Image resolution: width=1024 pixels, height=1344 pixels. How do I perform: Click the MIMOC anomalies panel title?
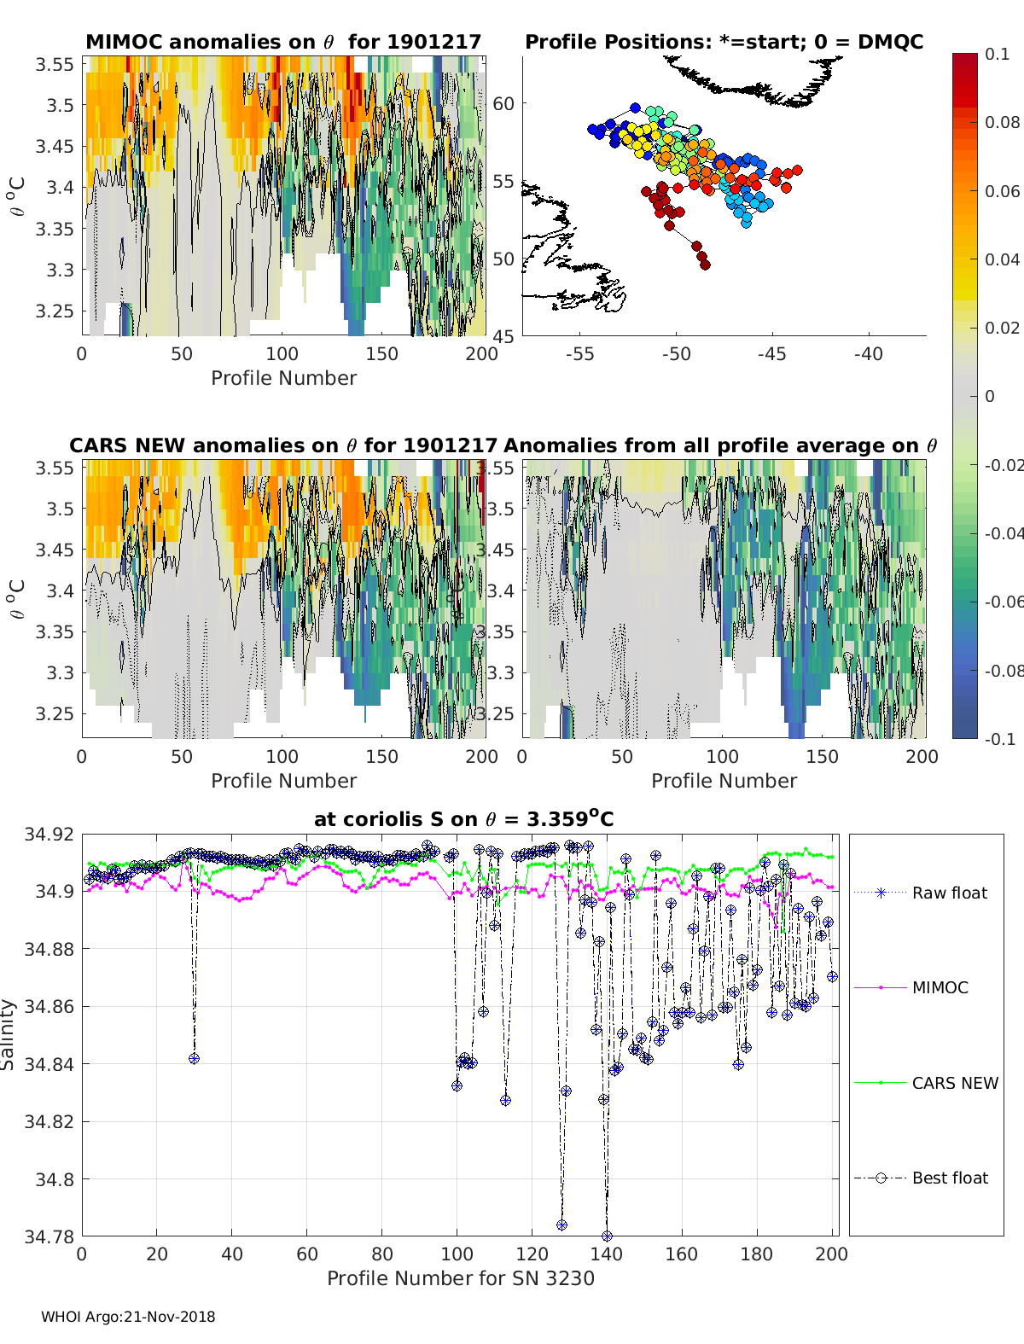tap(283, 42)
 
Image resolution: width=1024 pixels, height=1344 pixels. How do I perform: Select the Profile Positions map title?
tap(724, 42)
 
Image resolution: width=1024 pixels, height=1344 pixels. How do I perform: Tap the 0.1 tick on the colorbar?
tap(997, 54)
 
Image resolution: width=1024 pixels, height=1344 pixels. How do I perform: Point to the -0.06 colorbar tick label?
tap(1003, 602)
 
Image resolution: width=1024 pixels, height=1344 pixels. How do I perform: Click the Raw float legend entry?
tap(949, 893)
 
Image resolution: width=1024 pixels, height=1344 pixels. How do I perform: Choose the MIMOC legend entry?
tap(940, 987)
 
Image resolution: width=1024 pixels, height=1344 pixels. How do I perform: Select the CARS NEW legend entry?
tap(954, 1083)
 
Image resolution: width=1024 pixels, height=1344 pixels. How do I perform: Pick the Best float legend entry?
tap(949, 1178)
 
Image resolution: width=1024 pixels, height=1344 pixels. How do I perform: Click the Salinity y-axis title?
tap(9, 1034)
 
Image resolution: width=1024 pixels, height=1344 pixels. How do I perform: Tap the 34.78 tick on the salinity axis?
tap(49, 1236)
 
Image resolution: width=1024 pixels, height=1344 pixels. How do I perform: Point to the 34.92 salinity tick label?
tap(49, 834)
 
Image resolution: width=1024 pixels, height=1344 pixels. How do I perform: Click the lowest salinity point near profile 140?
tap(607, 1236)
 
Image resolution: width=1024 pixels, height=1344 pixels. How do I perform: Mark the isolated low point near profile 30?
tap(195, 1058)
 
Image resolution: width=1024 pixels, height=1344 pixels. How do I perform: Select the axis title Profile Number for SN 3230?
tap(461, 1278)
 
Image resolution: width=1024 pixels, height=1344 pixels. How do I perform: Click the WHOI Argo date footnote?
tap(128, 1317)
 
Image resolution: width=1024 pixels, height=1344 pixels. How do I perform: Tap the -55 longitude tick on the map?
tap(579, 353)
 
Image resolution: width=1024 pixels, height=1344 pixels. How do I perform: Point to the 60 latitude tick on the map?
tap(503, 104)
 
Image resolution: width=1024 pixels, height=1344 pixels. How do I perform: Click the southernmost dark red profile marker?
tap(705, 265)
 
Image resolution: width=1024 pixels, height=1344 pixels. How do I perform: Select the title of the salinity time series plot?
tap(463, 819)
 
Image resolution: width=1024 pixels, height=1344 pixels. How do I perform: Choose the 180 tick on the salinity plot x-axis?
tap(757, 1254)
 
